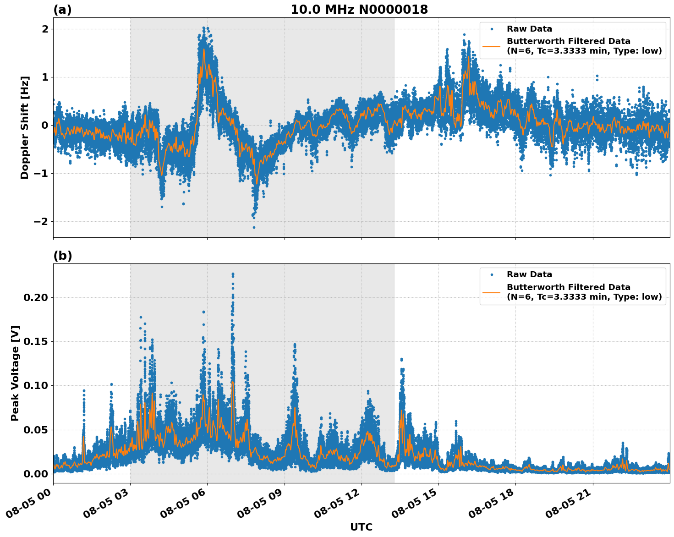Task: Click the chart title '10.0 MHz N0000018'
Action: pos(359,10)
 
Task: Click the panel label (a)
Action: pos(62,10)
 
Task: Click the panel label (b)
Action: pos(62,256)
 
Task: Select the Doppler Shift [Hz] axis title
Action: pos(25,127)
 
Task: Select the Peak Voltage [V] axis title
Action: pos(15,373)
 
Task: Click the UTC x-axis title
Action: pos(361,527)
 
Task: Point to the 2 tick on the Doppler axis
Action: pos(45,29)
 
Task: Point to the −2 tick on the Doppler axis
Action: pos(42,221)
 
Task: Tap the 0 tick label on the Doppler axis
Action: pos(45,125)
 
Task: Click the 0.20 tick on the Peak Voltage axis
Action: pos(36,297)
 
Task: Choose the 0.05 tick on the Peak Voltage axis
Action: pos(36,430)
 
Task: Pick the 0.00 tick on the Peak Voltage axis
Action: pos(36,474)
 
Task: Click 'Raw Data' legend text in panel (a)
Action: pos(529,29)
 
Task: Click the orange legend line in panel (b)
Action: pos(492,292)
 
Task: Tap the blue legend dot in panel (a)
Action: pos(492,29)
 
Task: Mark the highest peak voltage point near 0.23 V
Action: pos(233,274)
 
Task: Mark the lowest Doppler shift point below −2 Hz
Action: pos(254,227)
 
